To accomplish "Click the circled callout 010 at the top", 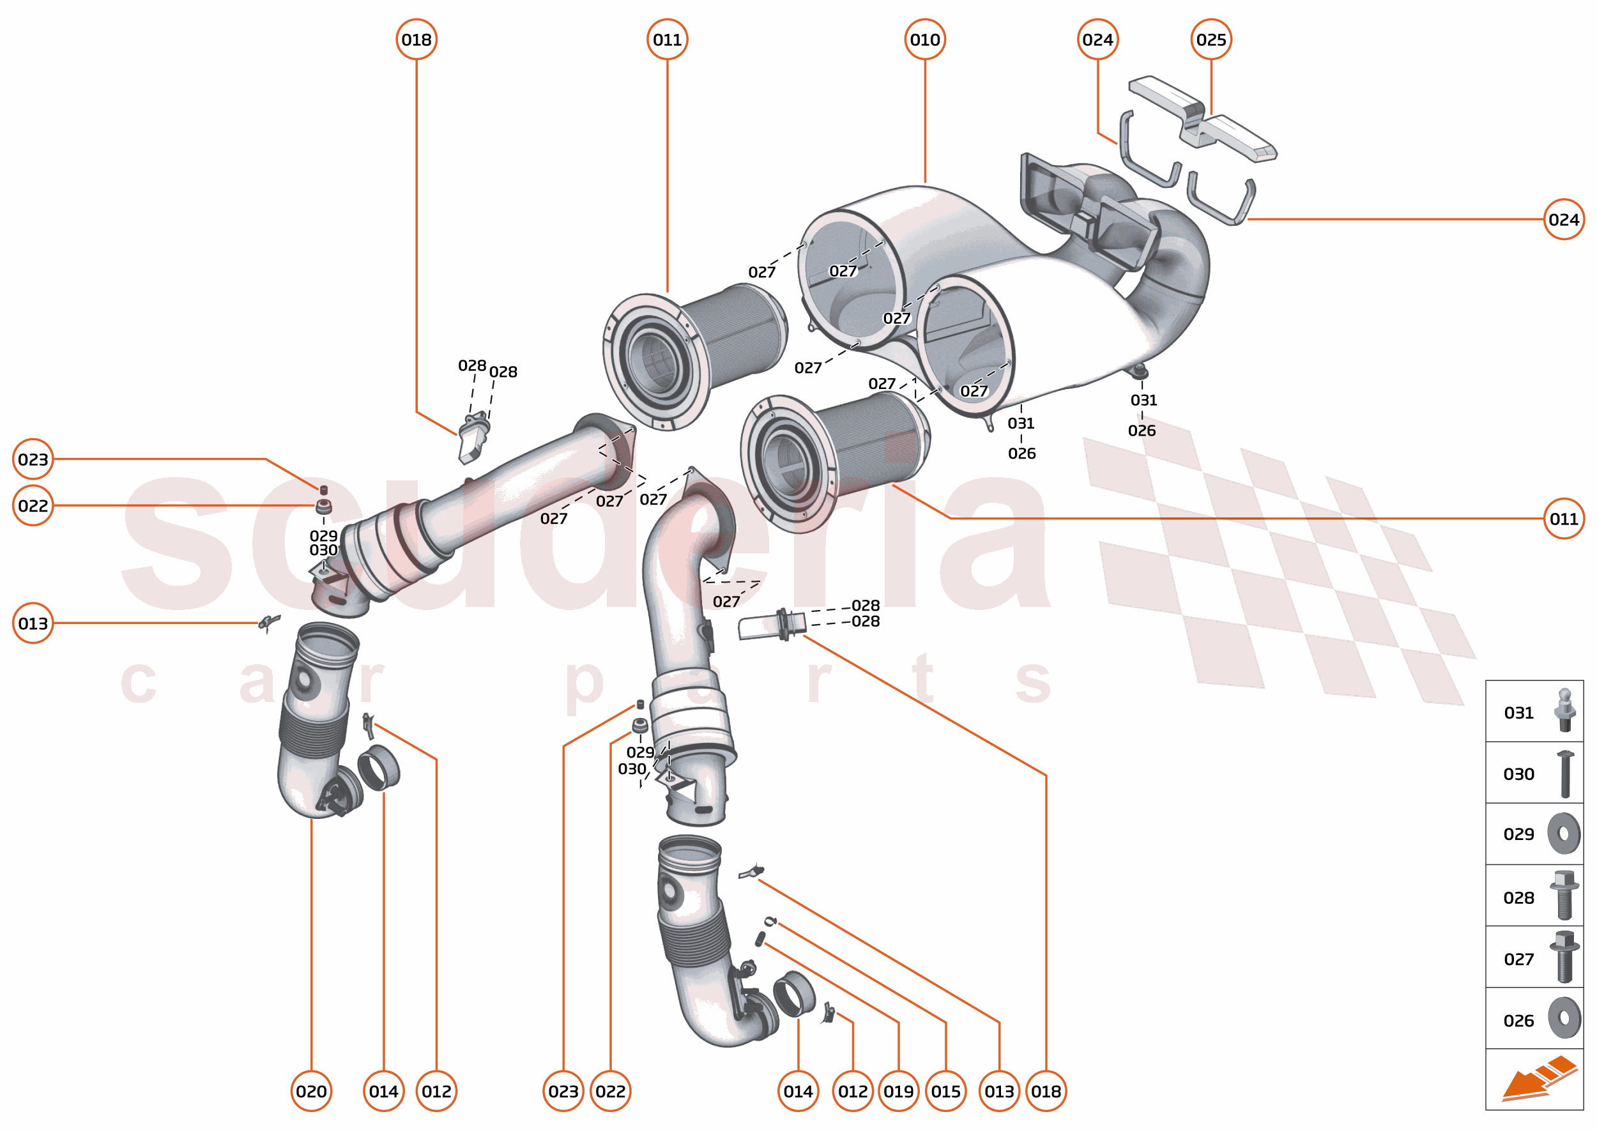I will click(x=924, y=40).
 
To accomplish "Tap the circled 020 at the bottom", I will click(x=311, y=1091).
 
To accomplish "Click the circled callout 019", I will click(x=898, y=1091).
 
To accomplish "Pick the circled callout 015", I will click(x=945, y=1091).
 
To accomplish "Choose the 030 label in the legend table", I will click(x=1518, y=774).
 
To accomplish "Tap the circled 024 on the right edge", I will click(x=1564, y=220).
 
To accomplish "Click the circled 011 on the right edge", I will click(x=1564, y=519).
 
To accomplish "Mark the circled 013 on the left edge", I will click(x=33, y=623).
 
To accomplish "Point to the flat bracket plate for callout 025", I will click(x=1202, y=119).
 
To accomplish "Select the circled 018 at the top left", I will click(x=416, y=40).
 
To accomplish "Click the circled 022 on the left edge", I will click(x=33, y=506).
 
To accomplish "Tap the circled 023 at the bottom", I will click(x=563, y=1091).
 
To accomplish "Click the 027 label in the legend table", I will click(x=1518, y=959).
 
